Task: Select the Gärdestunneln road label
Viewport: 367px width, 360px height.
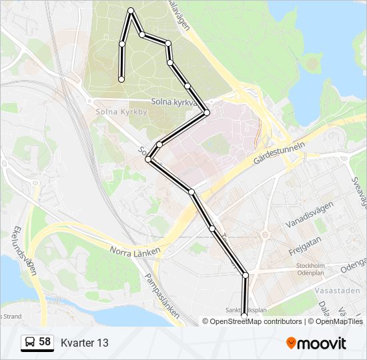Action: pyautogui.click(x=279, y=153)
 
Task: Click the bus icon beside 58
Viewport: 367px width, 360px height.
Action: pyautogui.click(x=29, y=343)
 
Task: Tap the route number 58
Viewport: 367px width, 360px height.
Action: pyautogui.click(x=45, y=342)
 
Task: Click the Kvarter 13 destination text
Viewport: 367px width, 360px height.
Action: pyautogui.click(x=84, y=343)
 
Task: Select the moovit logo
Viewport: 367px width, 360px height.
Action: pyautogui.click(x=316, y=343)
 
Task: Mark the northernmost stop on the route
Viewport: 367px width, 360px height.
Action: pyautogui.click(x=131, y=10)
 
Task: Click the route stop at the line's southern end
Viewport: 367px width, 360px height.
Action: pyautogui.click(x=244, y=316)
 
